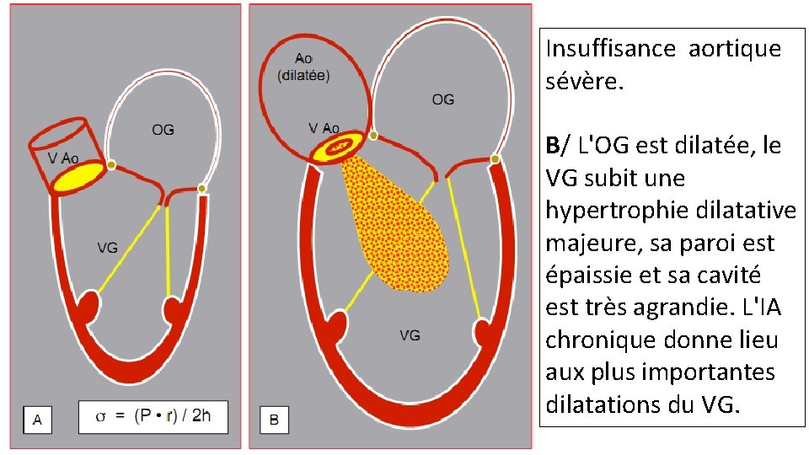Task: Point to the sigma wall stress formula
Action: (153, 416)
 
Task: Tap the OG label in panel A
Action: (163, 130)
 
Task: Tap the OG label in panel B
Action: (442, 99)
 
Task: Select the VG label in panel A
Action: (107, 248)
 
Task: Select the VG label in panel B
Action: (410, 335)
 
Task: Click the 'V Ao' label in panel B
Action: (324, 128)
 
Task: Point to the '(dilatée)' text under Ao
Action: (303, 74)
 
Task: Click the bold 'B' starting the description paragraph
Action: (552, 146)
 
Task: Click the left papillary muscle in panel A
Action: (88, 307)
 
